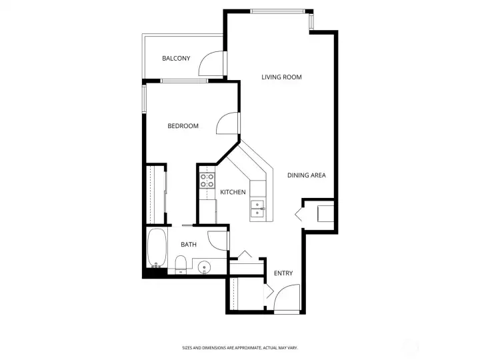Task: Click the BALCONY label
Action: pos(176,59)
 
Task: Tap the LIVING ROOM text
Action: pos(281,77)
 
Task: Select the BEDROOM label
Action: pos(183,126)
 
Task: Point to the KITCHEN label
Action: pos(233,192)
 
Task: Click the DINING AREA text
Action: pos(306,175)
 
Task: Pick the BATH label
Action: pos(189,245)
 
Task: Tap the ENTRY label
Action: pos(283,273)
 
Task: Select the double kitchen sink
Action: pos(258,209)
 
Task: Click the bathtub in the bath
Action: pos(157,249)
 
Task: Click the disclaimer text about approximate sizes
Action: pos(239,347)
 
